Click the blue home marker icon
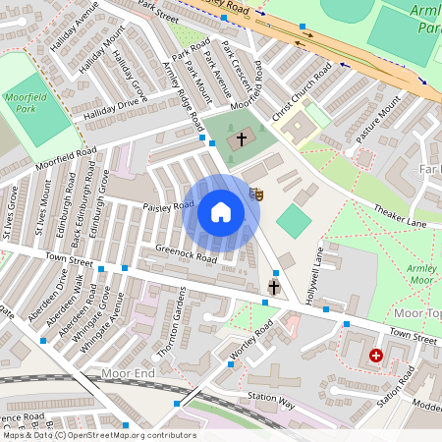[221, 211]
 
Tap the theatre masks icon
[256, 193]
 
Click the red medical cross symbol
[375, 356]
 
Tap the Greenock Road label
[186, 257]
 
